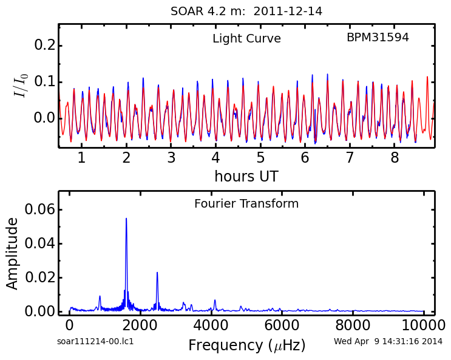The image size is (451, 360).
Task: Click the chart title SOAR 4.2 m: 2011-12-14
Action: [x=246, y=12]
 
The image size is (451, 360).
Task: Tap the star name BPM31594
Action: [x=378, y=38]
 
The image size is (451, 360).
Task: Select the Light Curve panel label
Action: [x=246, y=39]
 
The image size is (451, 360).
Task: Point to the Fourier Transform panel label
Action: [x=246, y=204]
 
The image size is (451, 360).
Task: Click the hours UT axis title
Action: [x=246, y=176]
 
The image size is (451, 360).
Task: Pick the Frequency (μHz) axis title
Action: [x=247, y=345]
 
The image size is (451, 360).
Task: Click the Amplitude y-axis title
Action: [x=12, y=254]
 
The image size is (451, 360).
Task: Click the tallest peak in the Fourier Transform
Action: [x=126, y=219]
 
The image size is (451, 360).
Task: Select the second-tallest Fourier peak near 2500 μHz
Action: [x=157, y=272]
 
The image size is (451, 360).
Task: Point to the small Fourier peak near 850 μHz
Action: [x=100, y=296]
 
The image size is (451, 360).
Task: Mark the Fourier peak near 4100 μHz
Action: [x=215, y=300]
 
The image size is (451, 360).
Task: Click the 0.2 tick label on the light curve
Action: [x=44, y=45]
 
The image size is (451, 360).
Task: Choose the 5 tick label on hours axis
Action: [x=260, y=158]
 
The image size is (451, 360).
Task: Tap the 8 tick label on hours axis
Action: [x=395, y=158]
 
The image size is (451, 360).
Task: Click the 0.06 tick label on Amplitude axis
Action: [x=39, y=209]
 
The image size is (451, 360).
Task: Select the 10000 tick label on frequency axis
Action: [x=424, y=325]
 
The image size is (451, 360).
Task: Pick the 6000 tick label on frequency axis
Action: [x=282, y=325]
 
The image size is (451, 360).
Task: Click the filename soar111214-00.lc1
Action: [x=95, y=342]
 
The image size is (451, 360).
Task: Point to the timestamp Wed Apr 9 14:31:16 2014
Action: [x=388, y=341]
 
